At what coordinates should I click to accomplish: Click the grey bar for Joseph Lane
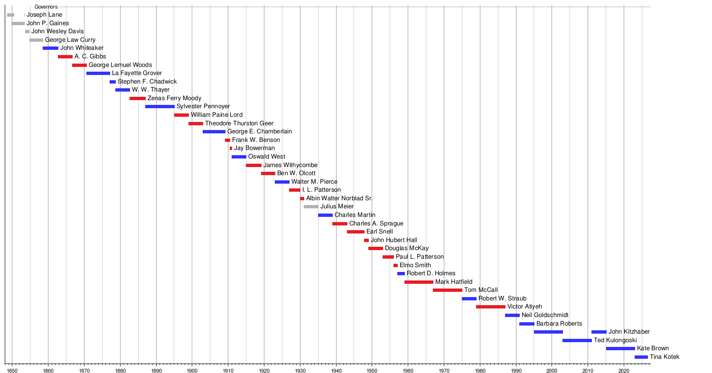point(10,15)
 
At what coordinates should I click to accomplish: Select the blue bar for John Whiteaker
point(50,48)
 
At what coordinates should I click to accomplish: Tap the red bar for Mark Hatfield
point(419,282)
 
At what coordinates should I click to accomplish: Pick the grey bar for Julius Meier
point(311,207)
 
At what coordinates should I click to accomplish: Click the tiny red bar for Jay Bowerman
point(231,149)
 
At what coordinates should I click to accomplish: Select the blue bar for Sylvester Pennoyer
point(160,107)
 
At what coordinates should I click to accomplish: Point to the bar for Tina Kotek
point(641,357)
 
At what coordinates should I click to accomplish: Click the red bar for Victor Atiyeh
point(491,307)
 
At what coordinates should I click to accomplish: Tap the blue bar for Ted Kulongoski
point(577,341)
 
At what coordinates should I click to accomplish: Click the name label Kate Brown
point(653,348)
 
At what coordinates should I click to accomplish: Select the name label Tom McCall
point(481,290)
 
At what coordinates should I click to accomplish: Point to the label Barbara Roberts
point(559,324)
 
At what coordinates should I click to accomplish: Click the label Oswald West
point(267,156)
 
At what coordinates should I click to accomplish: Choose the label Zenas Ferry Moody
point(175,98)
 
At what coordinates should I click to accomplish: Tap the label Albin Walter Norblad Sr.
point(339,198)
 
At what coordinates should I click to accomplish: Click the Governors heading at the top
point(46,7)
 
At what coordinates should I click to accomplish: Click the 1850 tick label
point(12,371)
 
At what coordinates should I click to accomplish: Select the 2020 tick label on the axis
point(624,371)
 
